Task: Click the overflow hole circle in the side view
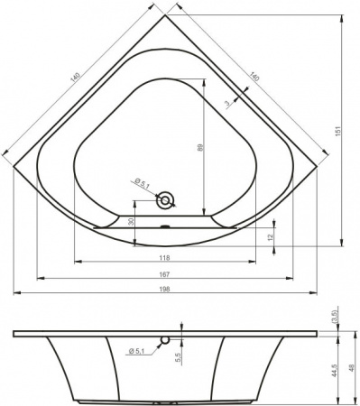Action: point(165,341)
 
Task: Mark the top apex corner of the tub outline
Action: point(166,14)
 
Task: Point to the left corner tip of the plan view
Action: point(13,166)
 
